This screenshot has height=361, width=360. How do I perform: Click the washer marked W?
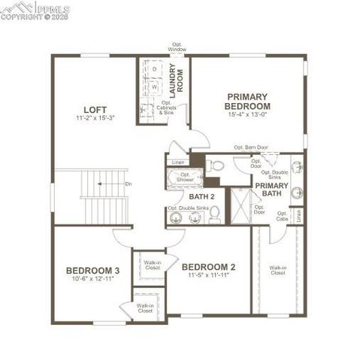(155, 86)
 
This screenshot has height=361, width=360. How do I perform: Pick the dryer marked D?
(155, 69)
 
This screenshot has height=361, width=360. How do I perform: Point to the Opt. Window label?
(178, 47)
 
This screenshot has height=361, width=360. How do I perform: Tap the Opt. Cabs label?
(282, 217)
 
